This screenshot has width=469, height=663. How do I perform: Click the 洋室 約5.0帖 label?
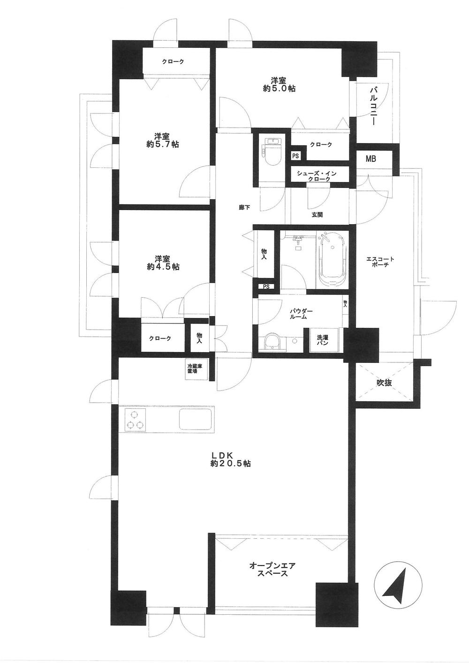click(279, 84)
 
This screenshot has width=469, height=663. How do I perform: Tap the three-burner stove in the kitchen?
click(136, 419)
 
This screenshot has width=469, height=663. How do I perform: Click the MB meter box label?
click(371, 159)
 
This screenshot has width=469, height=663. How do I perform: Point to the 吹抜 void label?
click(384, 383)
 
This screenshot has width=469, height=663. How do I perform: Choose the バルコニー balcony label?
click(374, 105)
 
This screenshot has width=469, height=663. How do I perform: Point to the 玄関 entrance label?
click(317, 215)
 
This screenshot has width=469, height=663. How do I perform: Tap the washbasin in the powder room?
click(272, 342)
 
